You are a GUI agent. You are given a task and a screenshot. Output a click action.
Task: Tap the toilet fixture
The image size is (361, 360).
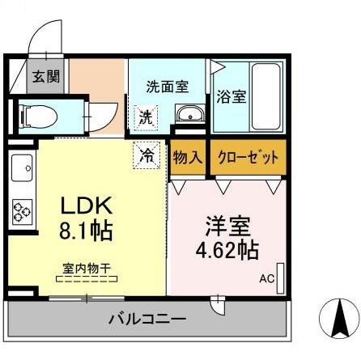[x=41, y=115]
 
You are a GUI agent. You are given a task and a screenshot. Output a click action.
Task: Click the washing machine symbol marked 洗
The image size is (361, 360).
[x=145, y=116]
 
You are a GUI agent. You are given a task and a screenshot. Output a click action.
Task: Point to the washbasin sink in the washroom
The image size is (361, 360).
[x=189, y=114]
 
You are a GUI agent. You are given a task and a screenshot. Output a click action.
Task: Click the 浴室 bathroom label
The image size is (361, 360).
[x=231, y=96]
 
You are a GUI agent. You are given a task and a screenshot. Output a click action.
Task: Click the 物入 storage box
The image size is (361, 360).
[x=188, y=156]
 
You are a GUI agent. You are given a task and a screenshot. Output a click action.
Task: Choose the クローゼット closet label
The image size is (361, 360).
[x=248, y=156]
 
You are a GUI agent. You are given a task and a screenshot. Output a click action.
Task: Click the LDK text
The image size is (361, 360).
[x=80, y=204]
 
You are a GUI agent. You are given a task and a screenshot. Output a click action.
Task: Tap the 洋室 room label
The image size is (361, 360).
[x=226, y=222]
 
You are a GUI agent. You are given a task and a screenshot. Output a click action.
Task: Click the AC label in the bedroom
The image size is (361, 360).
[x=266, y=279]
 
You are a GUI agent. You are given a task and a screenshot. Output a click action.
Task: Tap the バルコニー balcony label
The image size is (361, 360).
[x=147, y=319]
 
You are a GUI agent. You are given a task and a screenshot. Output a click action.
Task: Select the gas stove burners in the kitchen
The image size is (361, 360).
[x=21, y=210]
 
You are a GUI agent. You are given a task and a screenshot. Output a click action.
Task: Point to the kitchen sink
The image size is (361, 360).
[x=21, y=171]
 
